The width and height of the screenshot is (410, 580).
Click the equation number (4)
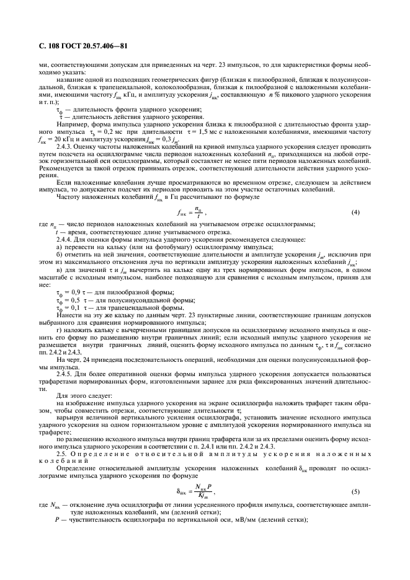355,212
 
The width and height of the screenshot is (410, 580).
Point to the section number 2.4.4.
64,239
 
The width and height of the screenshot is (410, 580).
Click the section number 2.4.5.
64,373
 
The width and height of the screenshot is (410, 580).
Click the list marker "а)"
59,246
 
